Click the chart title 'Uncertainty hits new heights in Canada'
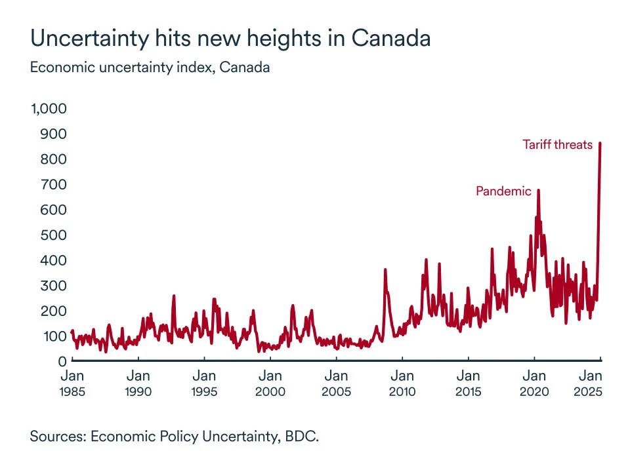tap(230, 38)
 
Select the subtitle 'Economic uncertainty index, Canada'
tap(150, 68)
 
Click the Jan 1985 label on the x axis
tap(72, 383)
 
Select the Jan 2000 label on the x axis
tap(270, 383)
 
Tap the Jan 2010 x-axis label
tap(402, 383)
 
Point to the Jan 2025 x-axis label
tap(592, 383)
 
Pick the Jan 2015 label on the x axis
tap(469, 383)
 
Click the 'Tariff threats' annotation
tap(557, 144)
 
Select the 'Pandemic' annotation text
tap(503, 191)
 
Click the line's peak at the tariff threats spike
tap(600, 144)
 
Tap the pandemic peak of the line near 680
tap(538, 191)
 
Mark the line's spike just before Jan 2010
tap(385, 269)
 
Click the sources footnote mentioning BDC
tap(174, 437)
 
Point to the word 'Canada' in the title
tap(391, 38)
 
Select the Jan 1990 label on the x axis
tap(138, 383)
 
